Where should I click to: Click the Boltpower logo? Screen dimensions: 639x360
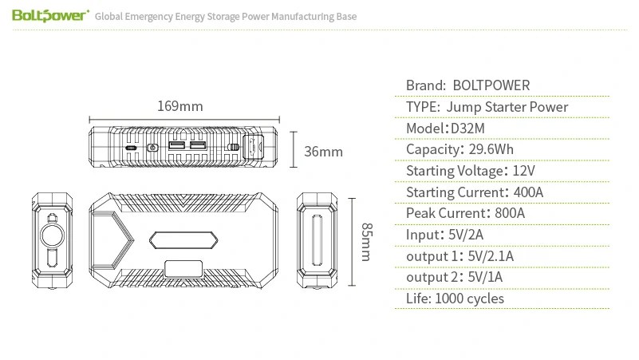pos(50,15)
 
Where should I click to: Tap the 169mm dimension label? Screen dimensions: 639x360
pos(180,106)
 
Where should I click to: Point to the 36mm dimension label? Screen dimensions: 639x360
pos(323,152)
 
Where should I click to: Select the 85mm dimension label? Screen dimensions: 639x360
pos(367,242)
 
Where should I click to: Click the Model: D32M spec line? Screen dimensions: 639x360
pos(445,128)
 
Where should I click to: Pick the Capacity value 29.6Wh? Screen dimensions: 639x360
pos(491,149)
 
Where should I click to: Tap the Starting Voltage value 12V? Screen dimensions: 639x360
pos(523,170)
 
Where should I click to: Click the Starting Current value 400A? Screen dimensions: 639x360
pos(528,192)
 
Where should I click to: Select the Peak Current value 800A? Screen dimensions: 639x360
pos(510,213)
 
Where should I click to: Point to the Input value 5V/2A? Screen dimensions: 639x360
pos(466,235)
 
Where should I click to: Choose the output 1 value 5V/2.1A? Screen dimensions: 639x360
pos(491,256)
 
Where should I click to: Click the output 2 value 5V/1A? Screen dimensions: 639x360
pos(485,277)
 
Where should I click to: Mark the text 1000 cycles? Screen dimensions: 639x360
pos(469,299)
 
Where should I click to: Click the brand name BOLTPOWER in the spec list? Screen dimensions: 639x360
pos(491,85)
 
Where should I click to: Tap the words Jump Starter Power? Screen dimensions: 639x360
pos(507,107)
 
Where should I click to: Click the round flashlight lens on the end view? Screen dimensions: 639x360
pos(52,235)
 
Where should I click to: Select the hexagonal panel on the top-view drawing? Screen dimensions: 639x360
pos(183,240)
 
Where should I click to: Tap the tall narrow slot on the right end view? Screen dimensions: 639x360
pos(317,240)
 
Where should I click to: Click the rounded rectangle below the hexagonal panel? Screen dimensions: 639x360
pos(183,270)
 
